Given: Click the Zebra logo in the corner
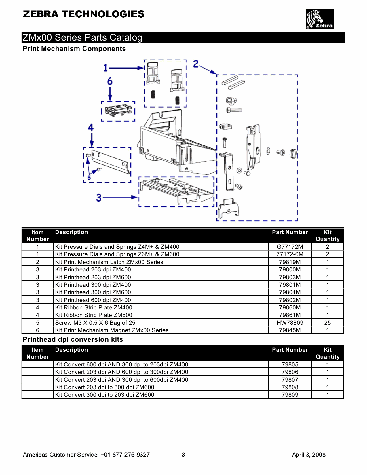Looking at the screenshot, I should (320, 19).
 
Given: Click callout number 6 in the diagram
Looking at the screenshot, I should (110, 81).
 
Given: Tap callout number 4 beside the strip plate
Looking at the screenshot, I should (91, 127).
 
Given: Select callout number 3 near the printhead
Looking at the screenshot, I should (99, 198).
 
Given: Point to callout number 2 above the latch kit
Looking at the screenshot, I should (196, 64).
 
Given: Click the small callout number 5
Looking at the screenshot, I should (89, 178).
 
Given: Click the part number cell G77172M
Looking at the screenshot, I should (290, 247).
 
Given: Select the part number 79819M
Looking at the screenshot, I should (290, 262).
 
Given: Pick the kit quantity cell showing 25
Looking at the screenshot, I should (327, 323).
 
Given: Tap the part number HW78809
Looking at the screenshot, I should (290, 323).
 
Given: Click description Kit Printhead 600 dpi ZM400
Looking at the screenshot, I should (93, 300).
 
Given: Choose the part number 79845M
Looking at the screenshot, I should (290, 330).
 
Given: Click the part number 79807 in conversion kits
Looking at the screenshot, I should (290, 380).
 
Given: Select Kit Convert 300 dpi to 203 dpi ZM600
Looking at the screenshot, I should (104, 395).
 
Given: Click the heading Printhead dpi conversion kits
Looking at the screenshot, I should (73, 339).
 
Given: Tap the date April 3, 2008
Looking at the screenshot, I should (309, 455).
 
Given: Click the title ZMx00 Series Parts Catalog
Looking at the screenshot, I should (83, 37).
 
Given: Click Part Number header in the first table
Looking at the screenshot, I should (290, 232).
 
